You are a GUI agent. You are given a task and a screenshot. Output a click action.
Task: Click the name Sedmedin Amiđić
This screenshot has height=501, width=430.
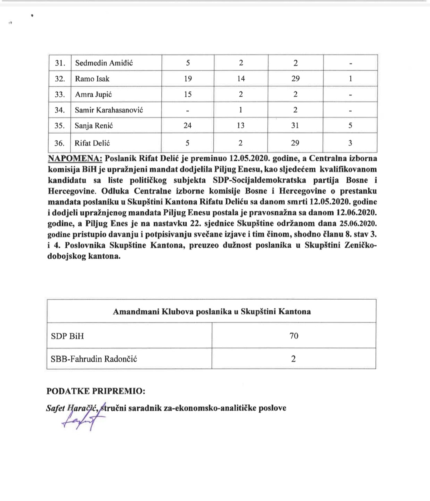(104, 63)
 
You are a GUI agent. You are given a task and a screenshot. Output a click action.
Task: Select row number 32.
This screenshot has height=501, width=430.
(60, 79)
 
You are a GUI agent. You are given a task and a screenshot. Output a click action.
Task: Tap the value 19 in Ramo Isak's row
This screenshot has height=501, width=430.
(188, 79)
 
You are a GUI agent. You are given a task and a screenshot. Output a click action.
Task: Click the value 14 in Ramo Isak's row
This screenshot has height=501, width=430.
(241, 79)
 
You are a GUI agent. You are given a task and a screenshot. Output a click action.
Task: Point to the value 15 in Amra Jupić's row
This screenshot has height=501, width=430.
(188, 94)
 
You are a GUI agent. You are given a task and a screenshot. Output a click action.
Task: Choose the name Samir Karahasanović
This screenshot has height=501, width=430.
(109, 110)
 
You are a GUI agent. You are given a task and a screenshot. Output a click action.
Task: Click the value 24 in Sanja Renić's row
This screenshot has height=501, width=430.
(188, 126)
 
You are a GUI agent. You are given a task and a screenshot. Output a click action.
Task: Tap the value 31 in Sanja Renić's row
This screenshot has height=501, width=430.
(295, 126)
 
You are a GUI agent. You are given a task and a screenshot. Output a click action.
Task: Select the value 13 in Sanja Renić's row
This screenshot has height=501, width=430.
(240, 126)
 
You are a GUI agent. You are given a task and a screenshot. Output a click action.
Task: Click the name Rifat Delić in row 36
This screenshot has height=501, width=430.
(92, 143)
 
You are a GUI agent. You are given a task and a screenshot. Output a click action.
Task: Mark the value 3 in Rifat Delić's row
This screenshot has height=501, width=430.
(350, 143)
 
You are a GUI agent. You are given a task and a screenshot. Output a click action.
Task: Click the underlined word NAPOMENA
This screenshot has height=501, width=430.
(75, 159)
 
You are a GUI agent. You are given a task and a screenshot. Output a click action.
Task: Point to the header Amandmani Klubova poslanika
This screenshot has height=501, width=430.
(211, 312)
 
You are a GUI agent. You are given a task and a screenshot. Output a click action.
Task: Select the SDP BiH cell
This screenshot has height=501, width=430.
(68, 336)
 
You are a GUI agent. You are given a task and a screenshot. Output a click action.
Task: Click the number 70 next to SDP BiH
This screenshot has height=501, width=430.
(294, 336)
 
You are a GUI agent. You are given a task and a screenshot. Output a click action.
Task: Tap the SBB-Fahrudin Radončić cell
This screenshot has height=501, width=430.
(94, 359)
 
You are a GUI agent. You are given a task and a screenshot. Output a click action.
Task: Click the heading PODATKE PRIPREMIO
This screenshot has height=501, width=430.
(96, 391)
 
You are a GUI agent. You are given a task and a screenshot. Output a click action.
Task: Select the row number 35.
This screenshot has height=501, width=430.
(60, 126)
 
